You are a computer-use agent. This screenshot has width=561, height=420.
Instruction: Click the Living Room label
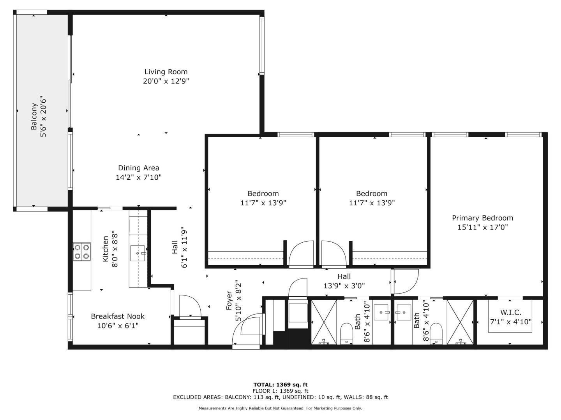click(x=166, y=72)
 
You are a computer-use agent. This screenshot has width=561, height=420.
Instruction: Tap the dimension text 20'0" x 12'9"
click(x=166, y=81)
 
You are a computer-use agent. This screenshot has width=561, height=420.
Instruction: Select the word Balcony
click(x=34, y=116)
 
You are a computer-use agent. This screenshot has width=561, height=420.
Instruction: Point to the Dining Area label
click(x=139, y=168)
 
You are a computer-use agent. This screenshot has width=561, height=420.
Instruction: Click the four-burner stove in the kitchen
click(x=82, y=251)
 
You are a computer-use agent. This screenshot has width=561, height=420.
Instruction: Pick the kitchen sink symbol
click(x=138, y=253)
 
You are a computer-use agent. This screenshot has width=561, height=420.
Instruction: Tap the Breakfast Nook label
click(x=118, y=316)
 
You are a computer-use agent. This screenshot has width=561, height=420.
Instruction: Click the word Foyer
click(x=229, y=301)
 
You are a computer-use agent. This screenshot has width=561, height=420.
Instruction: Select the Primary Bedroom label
click(x=482, y=218)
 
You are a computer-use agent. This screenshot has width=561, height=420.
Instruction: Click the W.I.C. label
click(x=511, y=312)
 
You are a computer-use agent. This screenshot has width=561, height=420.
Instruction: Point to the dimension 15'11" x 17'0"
click(x=482, y=227)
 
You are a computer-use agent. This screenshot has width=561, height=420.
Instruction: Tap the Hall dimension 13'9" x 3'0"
click(x=344, y=286)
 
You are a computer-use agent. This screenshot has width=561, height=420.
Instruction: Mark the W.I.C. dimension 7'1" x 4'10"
click(x=511, y=322)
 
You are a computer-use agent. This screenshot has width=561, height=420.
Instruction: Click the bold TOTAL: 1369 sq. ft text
click(x=280, y=385)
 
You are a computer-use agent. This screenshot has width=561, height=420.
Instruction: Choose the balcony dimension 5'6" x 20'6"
click(x=44, y=116)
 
